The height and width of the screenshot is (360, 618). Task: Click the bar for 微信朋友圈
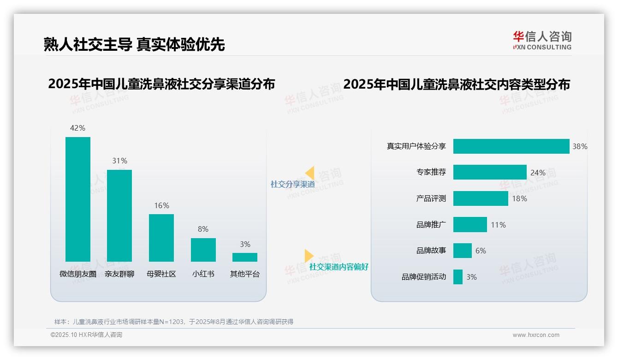78,199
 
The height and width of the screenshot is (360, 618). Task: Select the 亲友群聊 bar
119,216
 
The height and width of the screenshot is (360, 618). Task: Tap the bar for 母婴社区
161,238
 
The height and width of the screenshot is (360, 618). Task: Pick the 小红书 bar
203,250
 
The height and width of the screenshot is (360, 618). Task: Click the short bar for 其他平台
245,257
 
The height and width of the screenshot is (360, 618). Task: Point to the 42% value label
78,128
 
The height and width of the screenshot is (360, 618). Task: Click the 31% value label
119,161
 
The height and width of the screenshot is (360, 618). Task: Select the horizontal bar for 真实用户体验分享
511,146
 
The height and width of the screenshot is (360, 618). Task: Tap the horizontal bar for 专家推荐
490,172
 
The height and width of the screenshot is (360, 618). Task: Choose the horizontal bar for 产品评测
481,198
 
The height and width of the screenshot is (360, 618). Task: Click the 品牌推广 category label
431,225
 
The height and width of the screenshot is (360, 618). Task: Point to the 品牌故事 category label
431,251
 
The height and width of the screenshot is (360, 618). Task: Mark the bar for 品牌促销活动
458,277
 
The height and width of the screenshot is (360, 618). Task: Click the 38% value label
580,146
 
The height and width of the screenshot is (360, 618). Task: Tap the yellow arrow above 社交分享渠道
309,173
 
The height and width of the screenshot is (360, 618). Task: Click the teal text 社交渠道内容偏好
339,267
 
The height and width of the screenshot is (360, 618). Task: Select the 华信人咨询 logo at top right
542,40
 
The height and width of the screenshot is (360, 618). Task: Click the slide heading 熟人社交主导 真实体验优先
134,44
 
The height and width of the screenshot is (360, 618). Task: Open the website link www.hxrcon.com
535,335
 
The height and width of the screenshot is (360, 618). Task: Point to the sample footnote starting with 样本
174,322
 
